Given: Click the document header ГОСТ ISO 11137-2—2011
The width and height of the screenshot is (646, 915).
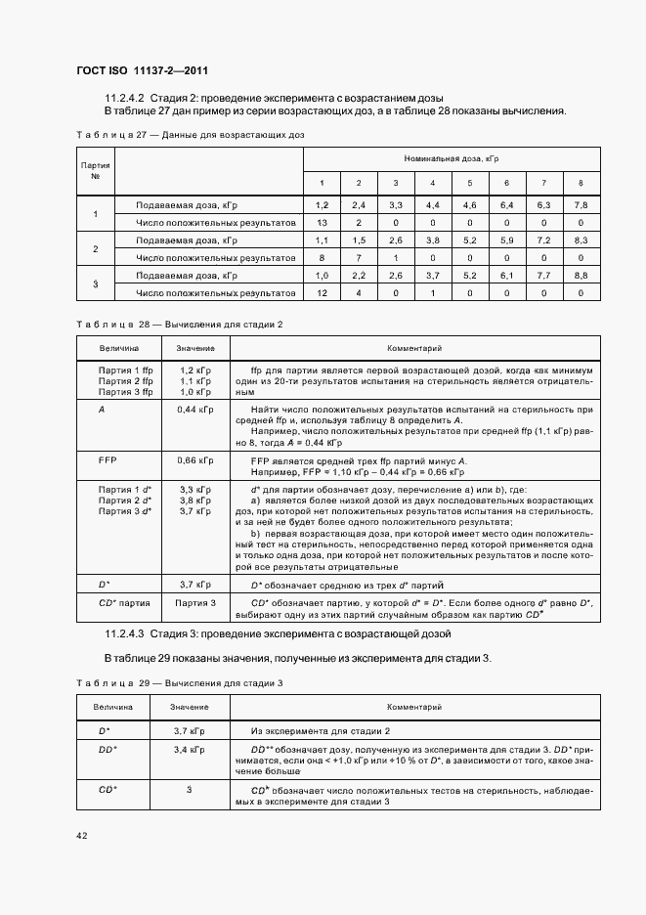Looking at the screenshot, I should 143,70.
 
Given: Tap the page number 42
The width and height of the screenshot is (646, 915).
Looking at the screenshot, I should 82,835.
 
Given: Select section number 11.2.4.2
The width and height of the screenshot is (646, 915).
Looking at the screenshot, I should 124,98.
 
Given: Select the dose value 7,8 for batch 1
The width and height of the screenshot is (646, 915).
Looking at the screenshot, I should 581,205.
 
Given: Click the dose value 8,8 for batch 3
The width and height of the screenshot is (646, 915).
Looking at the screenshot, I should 581,276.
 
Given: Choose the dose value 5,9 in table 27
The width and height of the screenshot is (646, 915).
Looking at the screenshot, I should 506,240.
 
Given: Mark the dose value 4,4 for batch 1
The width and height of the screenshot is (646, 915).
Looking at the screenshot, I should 432,205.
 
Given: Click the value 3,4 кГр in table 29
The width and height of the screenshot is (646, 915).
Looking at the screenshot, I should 189,750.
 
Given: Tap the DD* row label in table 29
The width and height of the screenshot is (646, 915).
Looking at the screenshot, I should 108,750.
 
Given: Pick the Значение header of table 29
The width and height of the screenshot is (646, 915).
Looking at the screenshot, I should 189,706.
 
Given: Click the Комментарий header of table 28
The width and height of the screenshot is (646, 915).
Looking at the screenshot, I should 414,347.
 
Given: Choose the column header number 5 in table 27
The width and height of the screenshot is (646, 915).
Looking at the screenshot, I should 469,184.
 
